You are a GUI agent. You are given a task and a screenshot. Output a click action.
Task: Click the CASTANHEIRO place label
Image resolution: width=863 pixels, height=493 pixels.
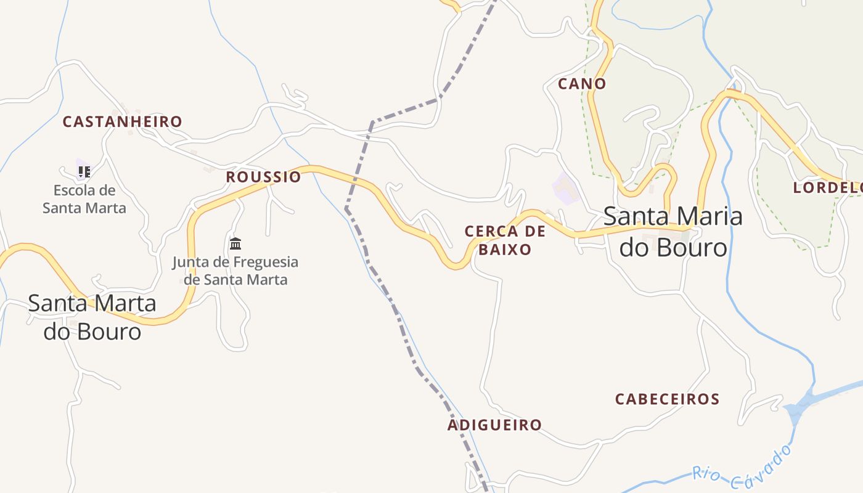[x=123, y=121]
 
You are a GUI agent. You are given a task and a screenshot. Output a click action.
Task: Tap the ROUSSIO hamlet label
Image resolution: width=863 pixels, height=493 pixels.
[x=263, y=177]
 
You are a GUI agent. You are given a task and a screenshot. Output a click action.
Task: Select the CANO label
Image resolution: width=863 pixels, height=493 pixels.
[x=582, y=84]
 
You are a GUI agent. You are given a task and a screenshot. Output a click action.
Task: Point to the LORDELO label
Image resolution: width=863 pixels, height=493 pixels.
[x=827, y=187]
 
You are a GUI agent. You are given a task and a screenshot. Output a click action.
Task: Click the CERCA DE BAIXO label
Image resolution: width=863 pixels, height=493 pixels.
[x=505, y=240]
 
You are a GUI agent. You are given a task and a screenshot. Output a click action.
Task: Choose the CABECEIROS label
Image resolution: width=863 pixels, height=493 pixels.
[x=667, y=399]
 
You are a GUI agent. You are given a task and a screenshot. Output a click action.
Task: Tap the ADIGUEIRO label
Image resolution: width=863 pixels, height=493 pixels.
[x=494, y=425]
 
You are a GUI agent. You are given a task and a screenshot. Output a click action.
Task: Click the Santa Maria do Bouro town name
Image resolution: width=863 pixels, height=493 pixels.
[x=673, y=232]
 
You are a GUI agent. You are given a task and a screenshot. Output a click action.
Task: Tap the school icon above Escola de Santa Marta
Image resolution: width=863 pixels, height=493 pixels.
[x=84, y=171]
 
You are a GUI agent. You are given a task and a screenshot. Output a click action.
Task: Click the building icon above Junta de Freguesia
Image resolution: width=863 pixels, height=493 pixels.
[x=235, y=243]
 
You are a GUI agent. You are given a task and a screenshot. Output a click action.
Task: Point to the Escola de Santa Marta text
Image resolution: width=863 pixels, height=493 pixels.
[x=84, y=199]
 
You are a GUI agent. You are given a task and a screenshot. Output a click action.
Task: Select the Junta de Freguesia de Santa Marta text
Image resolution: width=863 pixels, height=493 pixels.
[x=235, y=271]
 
